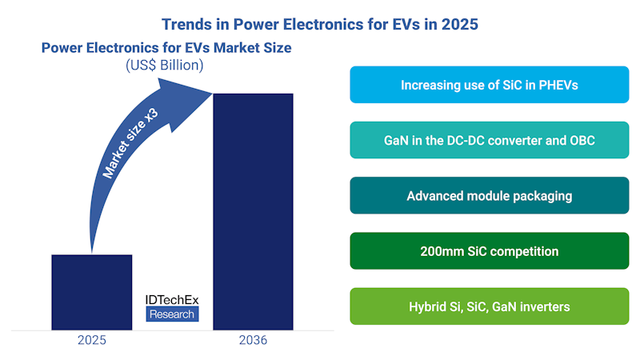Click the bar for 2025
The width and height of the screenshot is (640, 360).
(92, 292)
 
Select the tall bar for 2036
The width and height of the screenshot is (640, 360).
(252, 211)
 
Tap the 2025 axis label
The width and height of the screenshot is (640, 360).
(92, 340)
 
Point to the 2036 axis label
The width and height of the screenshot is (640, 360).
(252, 340)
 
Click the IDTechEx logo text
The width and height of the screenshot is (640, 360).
(171, 299)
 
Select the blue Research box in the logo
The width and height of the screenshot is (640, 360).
(171, 314)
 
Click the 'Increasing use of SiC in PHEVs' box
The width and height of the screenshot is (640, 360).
(489, 85)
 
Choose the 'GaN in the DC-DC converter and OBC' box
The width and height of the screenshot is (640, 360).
(489, 140)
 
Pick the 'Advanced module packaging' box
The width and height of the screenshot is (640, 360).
(489, 195)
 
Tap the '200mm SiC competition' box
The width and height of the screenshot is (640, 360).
(489, 250)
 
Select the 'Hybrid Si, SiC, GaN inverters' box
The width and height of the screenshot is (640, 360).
(489, 306)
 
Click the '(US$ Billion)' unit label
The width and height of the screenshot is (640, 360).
(166, 65)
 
